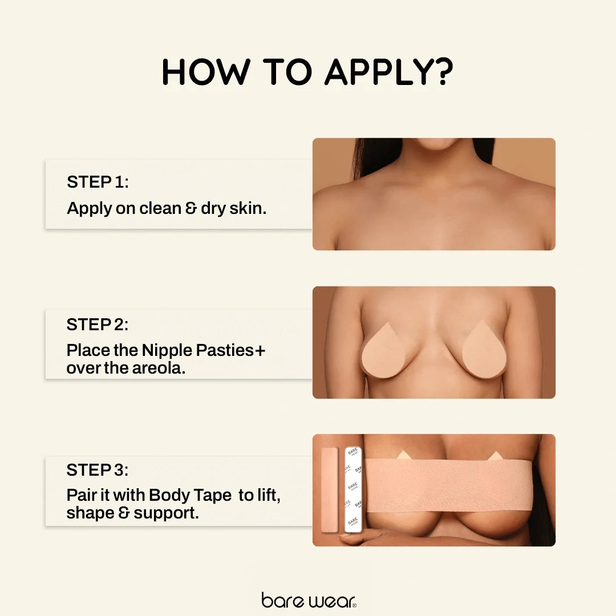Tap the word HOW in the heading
click(206, 72)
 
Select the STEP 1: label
click(98, 182)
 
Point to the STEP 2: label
click(98, 325)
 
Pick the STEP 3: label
click(98, 470)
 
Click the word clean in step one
click(160, 208)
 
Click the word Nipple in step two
click(167, 350)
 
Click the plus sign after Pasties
click(260, 350)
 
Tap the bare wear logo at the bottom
click(309, 600)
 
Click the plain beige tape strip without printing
click(330, 489)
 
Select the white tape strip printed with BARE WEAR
click(353, 489)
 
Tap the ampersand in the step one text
click(191, 209)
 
